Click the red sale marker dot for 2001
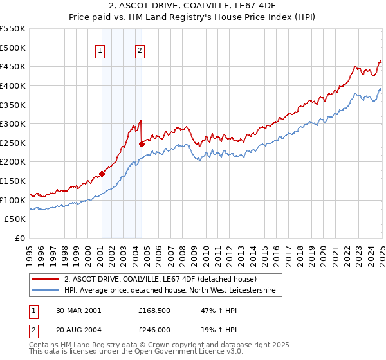(102, 174)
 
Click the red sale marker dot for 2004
(142, 144)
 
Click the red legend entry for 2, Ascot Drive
(161, 280)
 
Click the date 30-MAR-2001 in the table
(79, 310)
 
